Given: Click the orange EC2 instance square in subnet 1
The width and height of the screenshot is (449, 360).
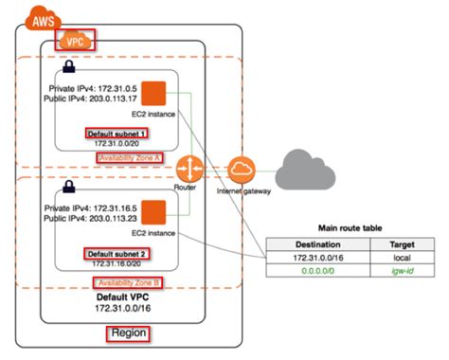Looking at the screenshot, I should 153,94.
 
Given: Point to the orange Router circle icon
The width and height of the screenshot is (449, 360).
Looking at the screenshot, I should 189,171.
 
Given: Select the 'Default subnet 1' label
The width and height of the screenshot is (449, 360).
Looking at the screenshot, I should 117,135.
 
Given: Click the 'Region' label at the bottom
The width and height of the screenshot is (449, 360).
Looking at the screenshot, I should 127,334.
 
